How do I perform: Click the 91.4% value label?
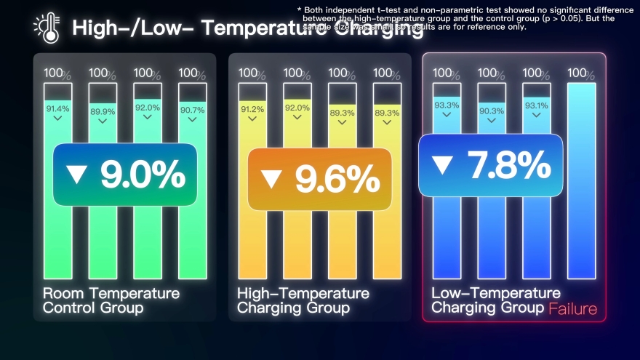pos(58,109)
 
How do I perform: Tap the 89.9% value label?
pos(103,111)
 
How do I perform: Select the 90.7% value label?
pos(193,111)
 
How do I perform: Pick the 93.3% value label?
pos(447,105)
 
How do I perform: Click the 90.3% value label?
pos(492,111)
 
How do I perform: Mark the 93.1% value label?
pos(537,105)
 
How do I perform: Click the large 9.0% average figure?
pos(143,175)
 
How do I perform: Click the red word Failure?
pos(573,309)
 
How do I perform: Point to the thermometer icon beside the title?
pos(47,28)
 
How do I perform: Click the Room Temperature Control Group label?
pos(111,300)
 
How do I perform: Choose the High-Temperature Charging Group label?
pos(303,300)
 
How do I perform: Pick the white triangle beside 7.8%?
pos(441,165)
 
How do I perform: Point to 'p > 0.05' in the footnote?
pos(567,18)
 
